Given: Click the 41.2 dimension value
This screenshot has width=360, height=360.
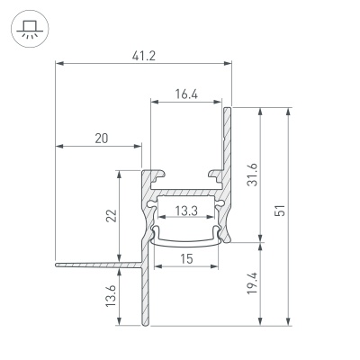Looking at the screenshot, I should coord(142,55).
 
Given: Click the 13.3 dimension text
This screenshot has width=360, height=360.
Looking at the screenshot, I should coord(186,211).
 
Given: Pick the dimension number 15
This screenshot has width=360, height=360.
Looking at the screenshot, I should coord(185,259).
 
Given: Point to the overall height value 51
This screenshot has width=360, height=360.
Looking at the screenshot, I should coord(280,211).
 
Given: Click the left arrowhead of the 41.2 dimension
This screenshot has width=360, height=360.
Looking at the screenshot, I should coord(59,64).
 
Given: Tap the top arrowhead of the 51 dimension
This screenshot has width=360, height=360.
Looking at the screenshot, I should coord(288,111).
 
